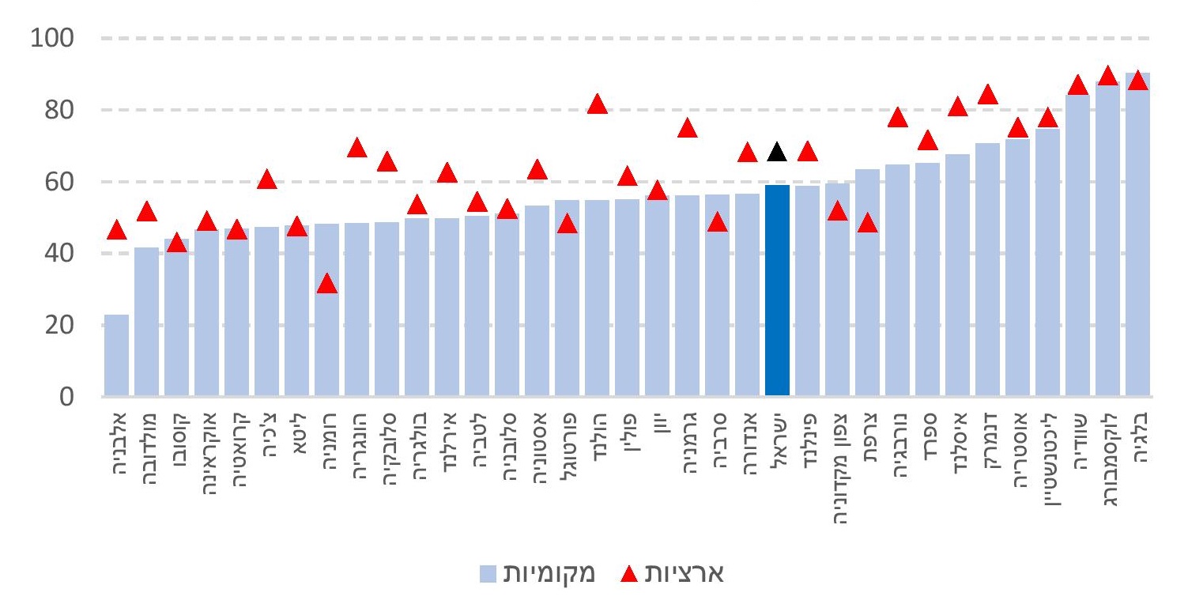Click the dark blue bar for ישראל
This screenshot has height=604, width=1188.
coord(777,290)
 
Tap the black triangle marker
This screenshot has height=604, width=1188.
coord(777,153)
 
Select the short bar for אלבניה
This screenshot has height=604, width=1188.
coord(116,355)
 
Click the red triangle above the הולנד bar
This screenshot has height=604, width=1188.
coord(597,104)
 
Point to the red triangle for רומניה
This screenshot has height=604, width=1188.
coord(326,284)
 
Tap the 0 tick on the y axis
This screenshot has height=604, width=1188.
coord(68,396)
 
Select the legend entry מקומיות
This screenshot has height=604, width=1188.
coord(545,572)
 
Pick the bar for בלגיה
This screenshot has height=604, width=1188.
coord(1137,234)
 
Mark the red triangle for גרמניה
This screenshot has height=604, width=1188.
coord(687,128)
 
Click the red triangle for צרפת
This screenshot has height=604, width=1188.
coord(867,223)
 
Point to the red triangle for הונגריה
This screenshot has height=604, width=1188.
coord(356,148)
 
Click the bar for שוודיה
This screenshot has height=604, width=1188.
coord(1077,244)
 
